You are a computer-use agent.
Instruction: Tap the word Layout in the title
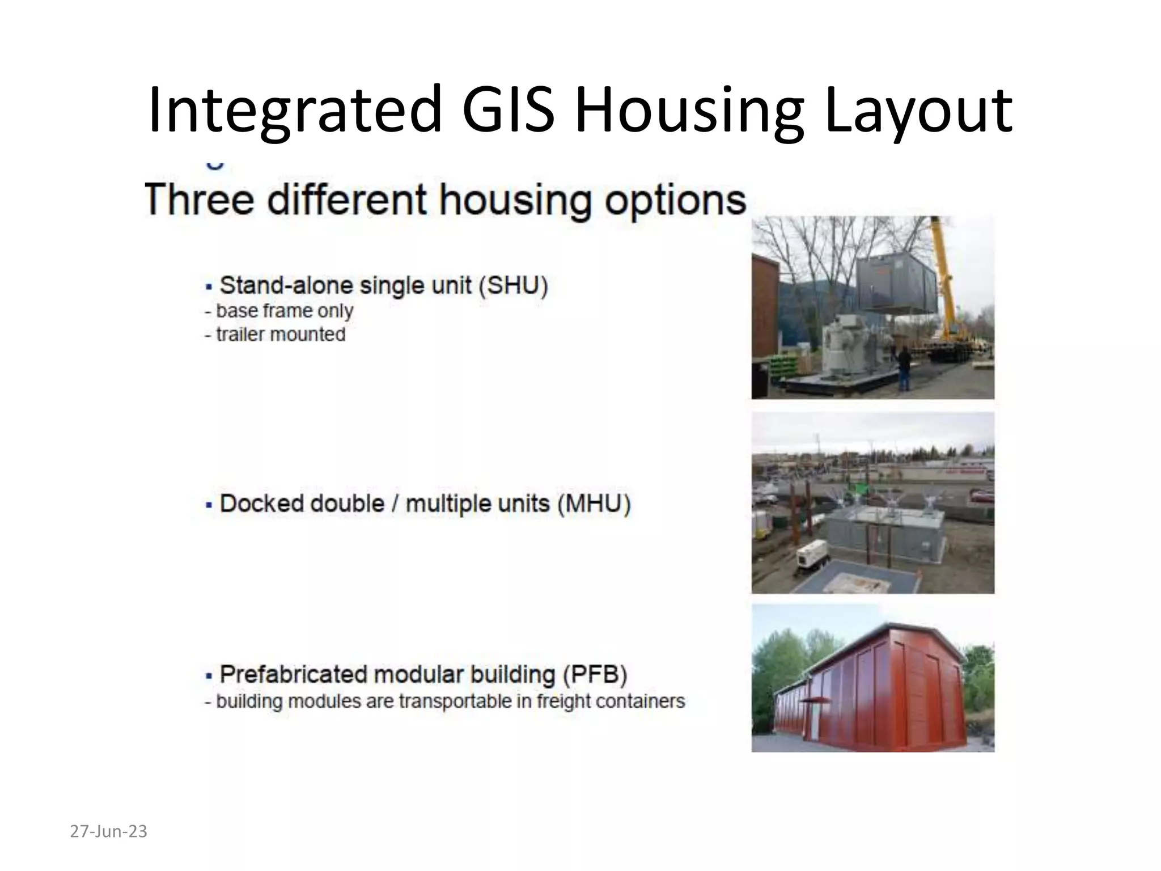pos(918,109)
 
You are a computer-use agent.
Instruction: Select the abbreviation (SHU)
pos(513,285)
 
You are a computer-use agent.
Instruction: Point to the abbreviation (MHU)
pos(594,504)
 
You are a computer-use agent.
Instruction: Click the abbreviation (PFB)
pos(595,674)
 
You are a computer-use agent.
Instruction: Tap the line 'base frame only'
pos(279,311)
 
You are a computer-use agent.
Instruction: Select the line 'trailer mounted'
pos(276,335)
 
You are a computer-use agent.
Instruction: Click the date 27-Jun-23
pos(108,831)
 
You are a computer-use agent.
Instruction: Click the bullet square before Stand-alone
pos(209,286)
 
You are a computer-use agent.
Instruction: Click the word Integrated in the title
pos(295,109)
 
